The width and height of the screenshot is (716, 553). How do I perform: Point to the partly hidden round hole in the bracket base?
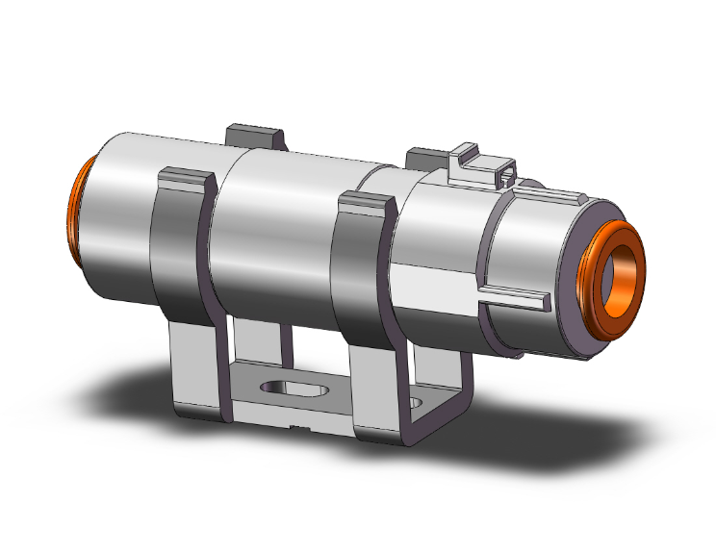(x=415, y=400)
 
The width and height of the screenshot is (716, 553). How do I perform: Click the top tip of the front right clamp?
(x=367, y=201)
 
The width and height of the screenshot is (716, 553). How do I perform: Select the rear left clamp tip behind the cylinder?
(x=254, y=134)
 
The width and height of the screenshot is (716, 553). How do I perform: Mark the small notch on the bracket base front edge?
(x=301, y=425)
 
